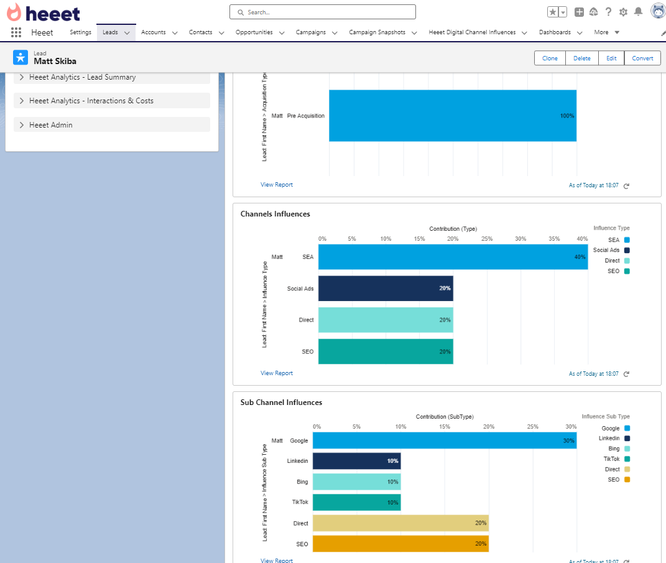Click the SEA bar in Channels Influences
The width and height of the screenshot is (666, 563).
coord(453,257)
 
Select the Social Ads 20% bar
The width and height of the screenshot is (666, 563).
coord(386,289)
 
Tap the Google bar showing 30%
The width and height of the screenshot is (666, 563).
coord(444,440)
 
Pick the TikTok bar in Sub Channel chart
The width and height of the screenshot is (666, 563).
coord(356,502)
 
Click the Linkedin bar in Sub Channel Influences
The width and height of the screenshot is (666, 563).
coord(356,461)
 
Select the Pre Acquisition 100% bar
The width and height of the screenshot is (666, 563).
coord(452,116)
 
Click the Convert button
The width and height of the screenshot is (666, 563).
coord(642,58)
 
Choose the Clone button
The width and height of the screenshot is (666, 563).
coord(550,58)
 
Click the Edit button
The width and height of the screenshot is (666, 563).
coord(611,58)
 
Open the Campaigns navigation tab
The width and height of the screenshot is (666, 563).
coord(310,32)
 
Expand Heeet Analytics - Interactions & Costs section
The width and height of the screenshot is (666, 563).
coord(91,101)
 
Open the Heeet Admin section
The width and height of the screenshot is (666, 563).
coord(50,125)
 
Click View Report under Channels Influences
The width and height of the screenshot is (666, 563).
coord(277,373)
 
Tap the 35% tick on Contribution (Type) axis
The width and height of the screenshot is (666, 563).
coord(553,239)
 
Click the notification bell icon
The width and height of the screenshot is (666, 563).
coord(638,12)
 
